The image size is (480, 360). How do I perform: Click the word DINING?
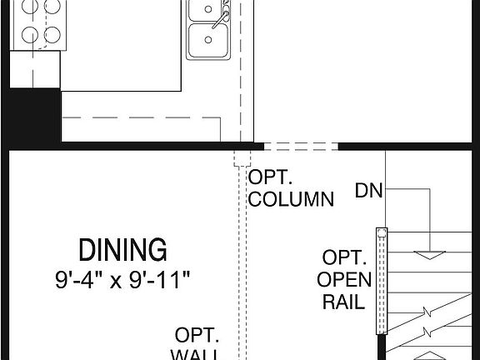click(x=122, y=249)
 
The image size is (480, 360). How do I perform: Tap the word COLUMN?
click(x=291, y=200)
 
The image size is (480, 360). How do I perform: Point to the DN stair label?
click(x=368, y=191)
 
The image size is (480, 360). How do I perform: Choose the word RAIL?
click(x=343, y=300)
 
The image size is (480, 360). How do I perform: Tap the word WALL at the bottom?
click(x=196, y=355)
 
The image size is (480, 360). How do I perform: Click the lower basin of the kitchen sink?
click(x=206, y=40)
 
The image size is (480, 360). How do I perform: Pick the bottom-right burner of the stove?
click(x=52, y=34)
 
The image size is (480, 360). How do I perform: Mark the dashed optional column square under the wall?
click(x=242, y=158)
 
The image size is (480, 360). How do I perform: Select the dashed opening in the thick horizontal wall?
click(x=301, y=146)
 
